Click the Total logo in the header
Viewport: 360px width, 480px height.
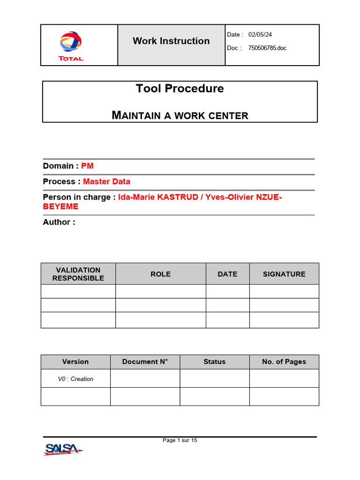pyautogui.click(x=71, y=45)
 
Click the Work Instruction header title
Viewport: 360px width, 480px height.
pyautogui.click(x=171, y=41)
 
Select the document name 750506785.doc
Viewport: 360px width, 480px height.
pyautogui.click(x=267, y=48)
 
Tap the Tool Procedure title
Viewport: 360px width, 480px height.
pyautogui.click(x=180, y=89)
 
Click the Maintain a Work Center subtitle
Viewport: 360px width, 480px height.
pyautogui.click(x=180, y=115)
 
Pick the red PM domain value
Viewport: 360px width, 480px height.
pyautogui.click(x=87, y=166)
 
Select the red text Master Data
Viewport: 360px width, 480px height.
pyautogui.click(x=106, y=181)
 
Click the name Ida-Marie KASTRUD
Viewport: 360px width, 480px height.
pyautogui.click(x=157, y=197)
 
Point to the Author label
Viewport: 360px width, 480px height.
pyautogui.click(x=59, y=222)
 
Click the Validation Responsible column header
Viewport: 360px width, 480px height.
pyautogui.click(x=78, y=274)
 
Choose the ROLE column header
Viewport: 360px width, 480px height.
pyautogui.click(x=160, y=274)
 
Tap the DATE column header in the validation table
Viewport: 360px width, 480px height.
pyautogui.click(x=227, y=274)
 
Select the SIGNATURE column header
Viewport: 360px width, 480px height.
pyautogui.click(x=284, y=274)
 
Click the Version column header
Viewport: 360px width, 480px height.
pyautogui.click(x=75, y=362)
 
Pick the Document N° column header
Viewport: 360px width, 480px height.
pyautogui.click(x=145, y=362)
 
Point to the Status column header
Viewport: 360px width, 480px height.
pyautogui.click(x=214, y=362)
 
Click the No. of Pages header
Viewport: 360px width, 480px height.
pyautogui.click(x=284, y=362)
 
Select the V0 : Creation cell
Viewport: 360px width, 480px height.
pyautogui.click(x=75, y=379)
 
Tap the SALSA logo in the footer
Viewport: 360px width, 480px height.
pyautogui.click(x=63, y=449)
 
